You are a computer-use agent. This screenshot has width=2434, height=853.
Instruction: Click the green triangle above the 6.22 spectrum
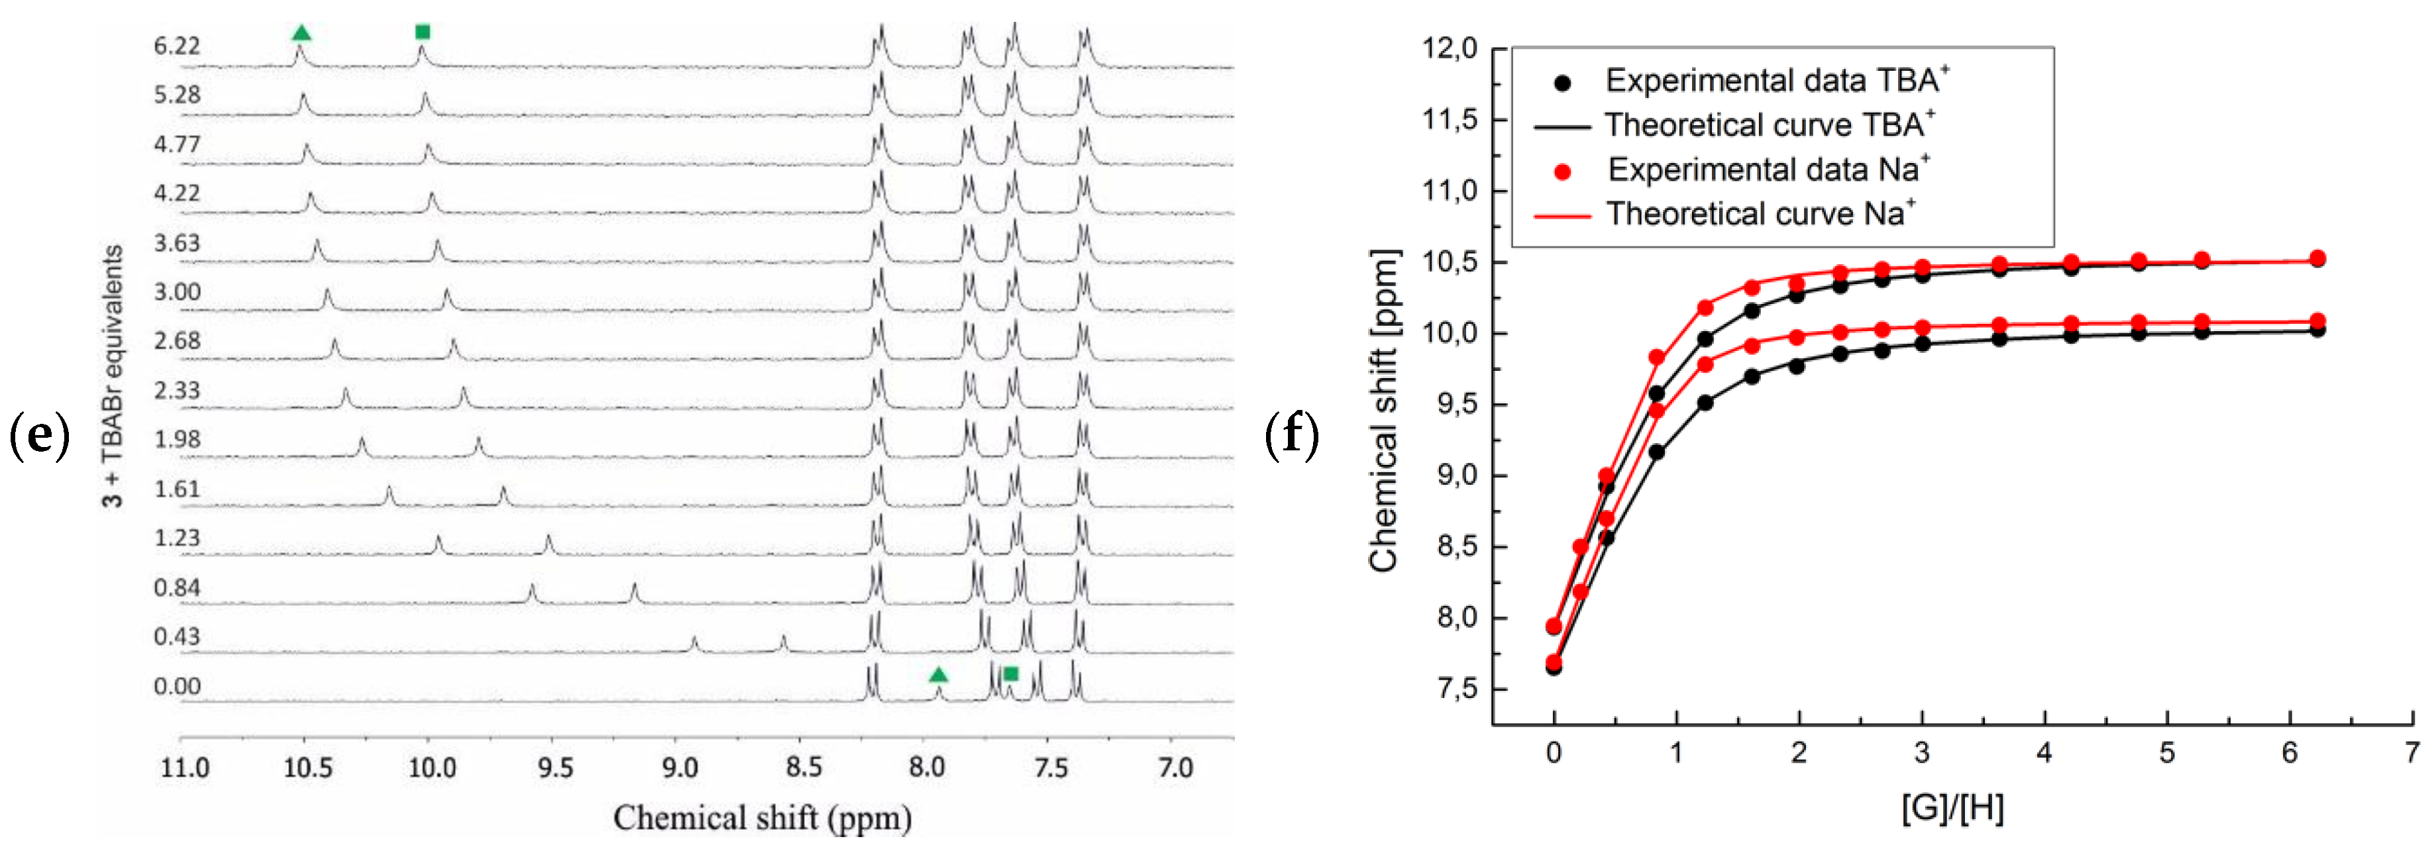[x=301, y=33]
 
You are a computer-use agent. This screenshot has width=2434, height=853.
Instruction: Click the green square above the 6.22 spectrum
[x=423, y=32]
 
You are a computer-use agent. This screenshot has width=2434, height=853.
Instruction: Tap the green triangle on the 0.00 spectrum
[x=937, y=674]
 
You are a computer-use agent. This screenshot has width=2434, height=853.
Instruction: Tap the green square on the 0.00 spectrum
[x=1010, y=674]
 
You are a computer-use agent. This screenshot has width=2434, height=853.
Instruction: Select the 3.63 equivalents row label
[x=177, y=243]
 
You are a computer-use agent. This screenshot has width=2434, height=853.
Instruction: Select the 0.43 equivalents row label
[x=177, y=636]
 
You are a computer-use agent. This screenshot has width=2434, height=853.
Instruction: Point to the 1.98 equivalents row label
[x=177, y=439]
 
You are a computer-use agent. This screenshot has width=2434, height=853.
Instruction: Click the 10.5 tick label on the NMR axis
[x=308, y=767]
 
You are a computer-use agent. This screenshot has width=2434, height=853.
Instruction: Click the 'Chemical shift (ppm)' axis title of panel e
[x=762, y=818]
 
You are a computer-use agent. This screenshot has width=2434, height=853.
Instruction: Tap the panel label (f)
[x=1291, y=436]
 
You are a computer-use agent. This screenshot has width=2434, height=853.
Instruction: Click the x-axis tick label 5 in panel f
[x=2166, y=753]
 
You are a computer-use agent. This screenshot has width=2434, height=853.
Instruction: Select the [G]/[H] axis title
[x=1952, y=809]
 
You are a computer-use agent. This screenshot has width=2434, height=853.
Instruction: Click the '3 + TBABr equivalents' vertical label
[x=113, y=376]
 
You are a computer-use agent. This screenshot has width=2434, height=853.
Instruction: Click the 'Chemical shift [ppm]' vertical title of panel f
[x=1383, y=410]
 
